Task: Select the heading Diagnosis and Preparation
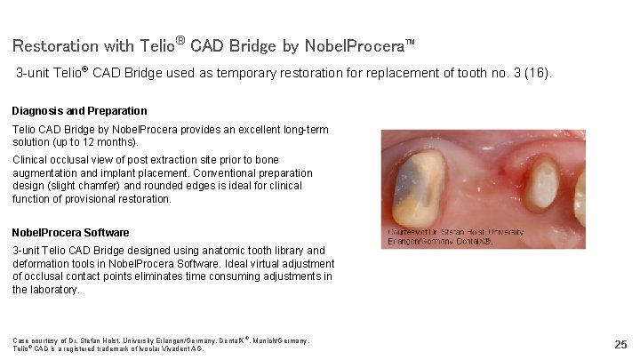(x=79, y=111)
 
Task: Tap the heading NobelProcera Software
(x=70, y=233)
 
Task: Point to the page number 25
(x=620, y=343)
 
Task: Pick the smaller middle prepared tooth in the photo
(x=540, y=184)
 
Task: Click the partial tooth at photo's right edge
(x=580, y=191)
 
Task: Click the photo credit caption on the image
(x=455, y=236)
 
